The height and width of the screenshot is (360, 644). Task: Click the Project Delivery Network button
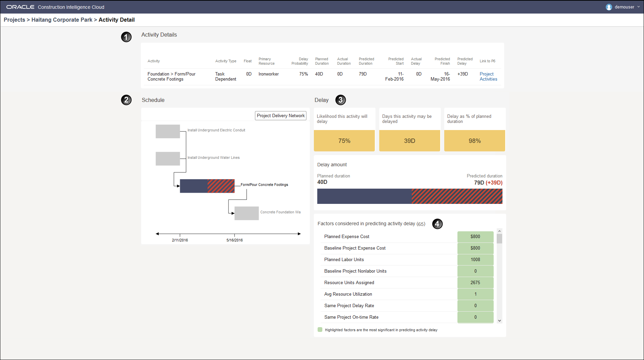pyautogui.click(x=280, y=115)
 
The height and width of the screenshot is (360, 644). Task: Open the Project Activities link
pyautogui.click(x=488, y=77)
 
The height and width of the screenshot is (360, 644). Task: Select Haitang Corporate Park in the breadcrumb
pyautogui.click(x=62, y=20)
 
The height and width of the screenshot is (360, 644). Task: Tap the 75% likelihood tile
pyautogui.click(x=344, y=141)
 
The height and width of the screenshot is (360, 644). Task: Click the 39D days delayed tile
pyautogui.click(x=409, y=141)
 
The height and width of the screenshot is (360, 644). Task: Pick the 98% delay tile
pyautogui.click(x=474, y=141)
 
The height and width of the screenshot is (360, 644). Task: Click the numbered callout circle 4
pyautogui.click(x=437, y=224)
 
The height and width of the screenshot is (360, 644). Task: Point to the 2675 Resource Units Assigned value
pyautogui.click(x=475, y=282)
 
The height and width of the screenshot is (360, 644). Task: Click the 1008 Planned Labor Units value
pyautogui.click(x=475, y=259)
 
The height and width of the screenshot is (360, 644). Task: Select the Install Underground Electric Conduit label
pyautogui.click(x=216, y=130)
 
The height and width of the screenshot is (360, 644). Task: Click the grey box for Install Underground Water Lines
pyautogui.click(x=168, y=158)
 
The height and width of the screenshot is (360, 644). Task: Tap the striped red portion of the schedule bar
pyautogui.click(x=221, y=186)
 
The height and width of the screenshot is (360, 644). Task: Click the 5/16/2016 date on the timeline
pyautogui.click(x=234, y=240)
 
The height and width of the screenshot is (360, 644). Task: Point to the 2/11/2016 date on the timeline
pyautogui.click(x=180, y=240)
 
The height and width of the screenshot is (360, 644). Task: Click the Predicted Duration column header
pyautogui.click(x=366, y=61)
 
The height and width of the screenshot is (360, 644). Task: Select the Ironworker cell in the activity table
pyautogui.click(x=269, y=74)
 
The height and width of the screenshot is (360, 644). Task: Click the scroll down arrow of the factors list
pyautogui.click(x=499, y=320)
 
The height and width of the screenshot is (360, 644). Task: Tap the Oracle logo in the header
pyautogui.click(x=20, y=7)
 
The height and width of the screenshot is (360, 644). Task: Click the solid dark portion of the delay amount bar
pyautogui.click(x=364, y=196)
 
